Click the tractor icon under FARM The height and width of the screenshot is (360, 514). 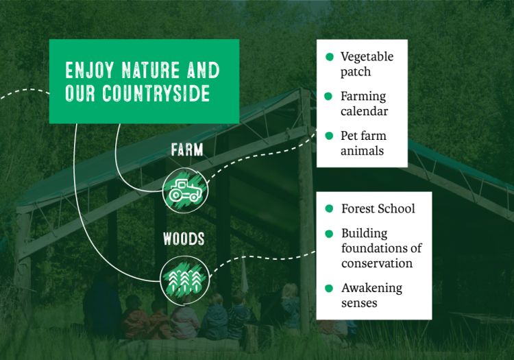click(185, 190)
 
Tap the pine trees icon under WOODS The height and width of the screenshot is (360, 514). click(184, 280)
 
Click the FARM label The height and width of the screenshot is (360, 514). click(187, 150)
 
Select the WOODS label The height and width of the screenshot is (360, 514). click(184, 239)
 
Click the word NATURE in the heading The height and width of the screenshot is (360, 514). click(151, 70)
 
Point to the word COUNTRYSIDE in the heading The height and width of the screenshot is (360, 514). click(156, 93)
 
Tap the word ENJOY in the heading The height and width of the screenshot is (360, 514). click(90, 70)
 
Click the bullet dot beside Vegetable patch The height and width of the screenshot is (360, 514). click(330, 57)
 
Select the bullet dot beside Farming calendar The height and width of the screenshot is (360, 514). click(328, 97)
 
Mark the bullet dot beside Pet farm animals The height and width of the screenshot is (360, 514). click(329, 136)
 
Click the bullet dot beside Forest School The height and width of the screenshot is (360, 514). click(329, 208)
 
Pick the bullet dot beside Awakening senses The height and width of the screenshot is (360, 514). click(329, 288)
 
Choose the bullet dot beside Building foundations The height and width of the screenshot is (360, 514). click(329, 234)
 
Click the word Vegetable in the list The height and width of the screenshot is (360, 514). click(367, 57)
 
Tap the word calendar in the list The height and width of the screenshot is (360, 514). click(364, 111)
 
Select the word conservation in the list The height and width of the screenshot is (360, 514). click(377, 263)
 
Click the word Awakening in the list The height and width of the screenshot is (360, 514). click(371, 288)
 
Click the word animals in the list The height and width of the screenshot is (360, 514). click(362, 151)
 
